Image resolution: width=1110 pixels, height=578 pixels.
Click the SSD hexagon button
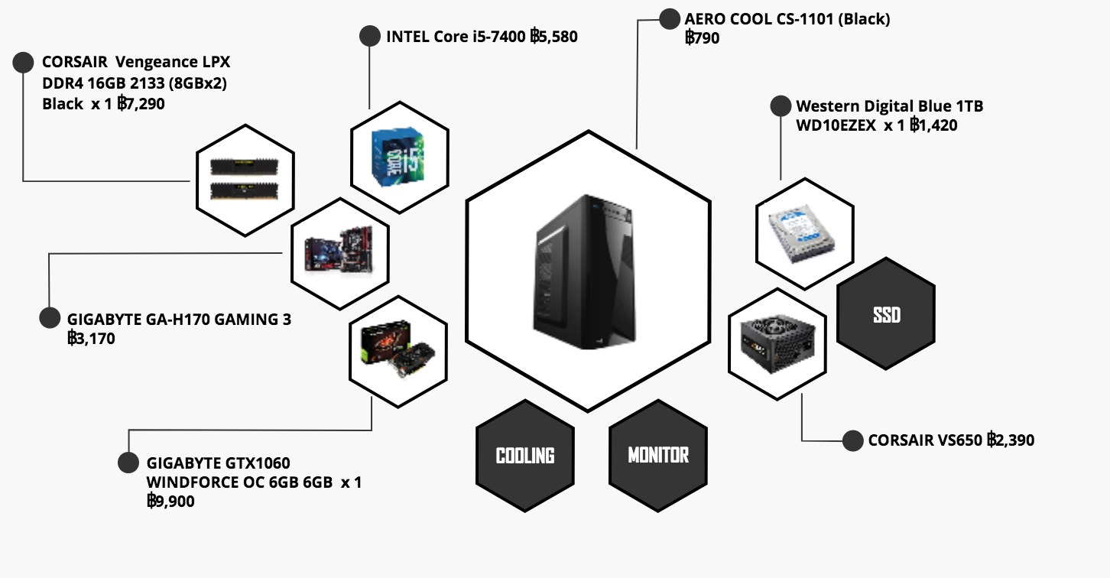coord(886,313)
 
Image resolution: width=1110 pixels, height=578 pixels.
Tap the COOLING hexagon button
coord(525,456)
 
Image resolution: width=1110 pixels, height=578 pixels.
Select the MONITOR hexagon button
coord(658,456)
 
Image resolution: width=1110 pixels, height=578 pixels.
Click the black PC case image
coord(585,272)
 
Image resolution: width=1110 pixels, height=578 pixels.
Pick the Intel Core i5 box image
coord(398,157)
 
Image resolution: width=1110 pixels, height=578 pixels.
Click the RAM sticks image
coord(245,179)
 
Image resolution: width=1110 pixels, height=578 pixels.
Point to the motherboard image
coord(339,250)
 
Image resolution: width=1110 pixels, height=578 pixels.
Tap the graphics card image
coord(398,349)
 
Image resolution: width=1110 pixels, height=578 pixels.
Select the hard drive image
coord(802,233)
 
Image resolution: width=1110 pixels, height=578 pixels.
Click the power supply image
coord(777,343)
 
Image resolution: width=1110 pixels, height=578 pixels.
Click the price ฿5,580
coord(553,36)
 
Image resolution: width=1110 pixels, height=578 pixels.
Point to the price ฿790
coord(703,37)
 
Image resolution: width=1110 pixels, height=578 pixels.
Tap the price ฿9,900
coord(170,501)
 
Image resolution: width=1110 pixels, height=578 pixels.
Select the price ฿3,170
coord(91,338)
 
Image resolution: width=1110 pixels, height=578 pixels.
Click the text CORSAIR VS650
coord(925,440)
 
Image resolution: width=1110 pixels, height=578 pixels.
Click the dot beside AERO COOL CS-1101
coord(670,19)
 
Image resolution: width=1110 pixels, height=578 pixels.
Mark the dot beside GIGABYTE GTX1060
coord(128,463)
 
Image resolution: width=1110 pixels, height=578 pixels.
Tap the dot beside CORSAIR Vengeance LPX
coord(23,63)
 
